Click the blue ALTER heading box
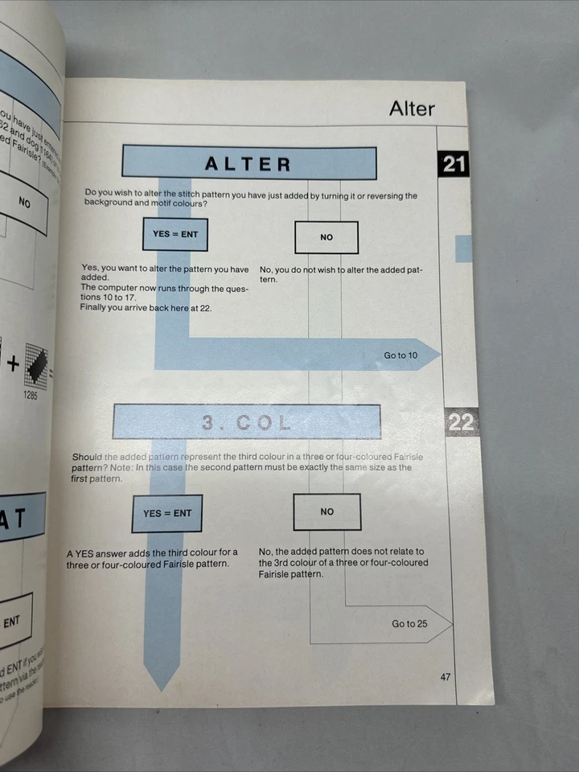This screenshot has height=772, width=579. point(248,163)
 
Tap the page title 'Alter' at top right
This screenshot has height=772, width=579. point(412,109)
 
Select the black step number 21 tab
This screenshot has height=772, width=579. point(454,164)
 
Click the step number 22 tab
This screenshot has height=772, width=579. point(461,421)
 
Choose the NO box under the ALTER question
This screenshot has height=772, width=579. point(326,237)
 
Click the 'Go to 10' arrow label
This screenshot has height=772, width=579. point(400,355)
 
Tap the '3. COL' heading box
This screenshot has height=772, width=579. point(246,421)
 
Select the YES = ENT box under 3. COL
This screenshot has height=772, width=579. point(167,513)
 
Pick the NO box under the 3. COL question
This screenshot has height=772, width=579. point(326,511)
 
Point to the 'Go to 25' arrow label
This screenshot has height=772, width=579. point(409,623)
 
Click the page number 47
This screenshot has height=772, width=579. point(446,677)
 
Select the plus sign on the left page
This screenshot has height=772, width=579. point(13,363)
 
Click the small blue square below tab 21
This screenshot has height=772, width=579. point(463,248)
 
